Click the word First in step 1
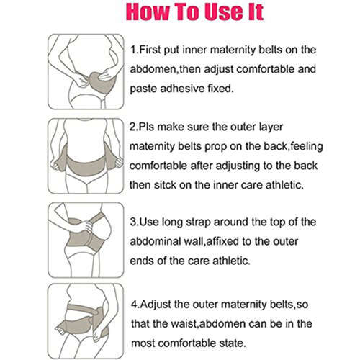pos(153,50)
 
